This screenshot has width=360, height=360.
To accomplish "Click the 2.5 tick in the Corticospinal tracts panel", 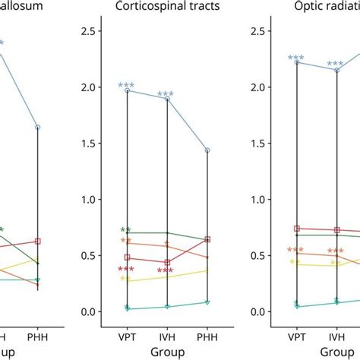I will point(90,31).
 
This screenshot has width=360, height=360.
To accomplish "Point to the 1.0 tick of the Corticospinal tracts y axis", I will point(90,199).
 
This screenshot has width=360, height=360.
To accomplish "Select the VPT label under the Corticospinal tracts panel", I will point(127,336).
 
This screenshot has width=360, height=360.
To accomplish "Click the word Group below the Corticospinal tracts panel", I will point(167,352).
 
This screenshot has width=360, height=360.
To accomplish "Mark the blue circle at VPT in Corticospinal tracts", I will point(127,90).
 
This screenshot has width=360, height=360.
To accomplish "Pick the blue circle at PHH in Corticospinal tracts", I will point(207,150).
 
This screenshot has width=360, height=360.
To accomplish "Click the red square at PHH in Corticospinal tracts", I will point(207,239).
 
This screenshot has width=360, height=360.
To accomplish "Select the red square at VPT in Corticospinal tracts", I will point(127,257).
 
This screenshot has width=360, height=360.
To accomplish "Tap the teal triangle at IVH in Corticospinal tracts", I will point(167,307).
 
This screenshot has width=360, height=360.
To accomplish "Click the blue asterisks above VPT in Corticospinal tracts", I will point(127,85).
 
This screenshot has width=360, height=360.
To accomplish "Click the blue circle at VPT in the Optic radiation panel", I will point(296,62).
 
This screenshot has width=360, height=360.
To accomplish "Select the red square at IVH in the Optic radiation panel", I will point(336,229).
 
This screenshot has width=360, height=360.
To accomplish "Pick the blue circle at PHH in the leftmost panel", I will point(38,128).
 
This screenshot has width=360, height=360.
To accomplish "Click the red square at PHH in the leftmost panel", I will point(38,241).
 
